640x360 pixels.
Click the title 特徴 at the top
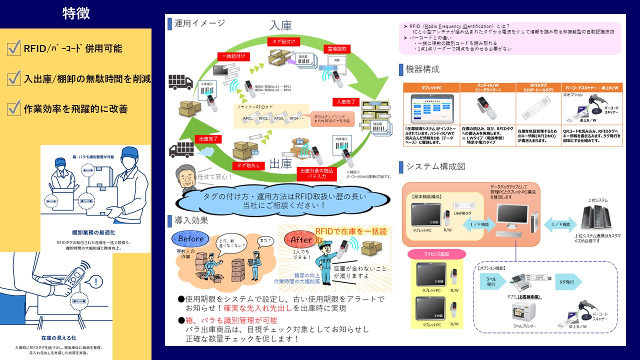pos(76,13)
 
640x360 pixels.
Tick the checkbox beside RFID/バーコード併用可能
pos(14,48)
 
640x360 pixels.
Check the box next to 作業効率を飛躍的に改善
pos(14,108)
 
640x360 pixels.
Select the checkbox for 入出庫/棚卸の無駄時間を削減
pos(14,78)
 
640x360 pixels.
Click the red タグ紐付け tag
pos(283,41)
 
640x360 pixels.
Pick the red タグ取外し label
pos(247,165)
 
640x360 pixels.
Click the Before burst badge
pos(190,239)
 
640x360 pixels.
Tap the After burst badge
pos(301,240)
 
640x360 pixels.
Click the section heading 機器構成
pos(423,69)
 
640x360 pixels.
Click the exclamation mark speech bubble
pos(95,281)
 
